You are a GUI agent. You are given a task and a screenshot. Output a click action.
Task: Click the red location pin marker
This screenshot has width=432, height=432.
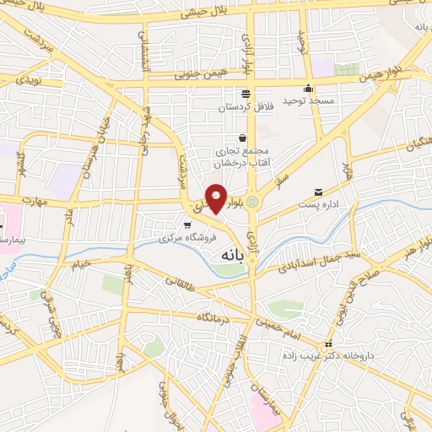217,200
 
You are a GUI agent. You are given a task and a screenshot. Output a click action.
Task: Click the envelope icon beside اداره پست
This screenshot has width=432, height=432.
318,192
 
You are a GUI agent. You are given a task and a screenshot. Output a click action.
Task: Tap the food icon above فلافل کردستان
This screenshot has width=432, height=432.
245,93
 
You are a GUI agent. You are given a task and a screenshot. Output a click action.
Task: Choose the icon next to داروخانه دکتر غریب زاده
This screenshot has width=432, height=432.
328,343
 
